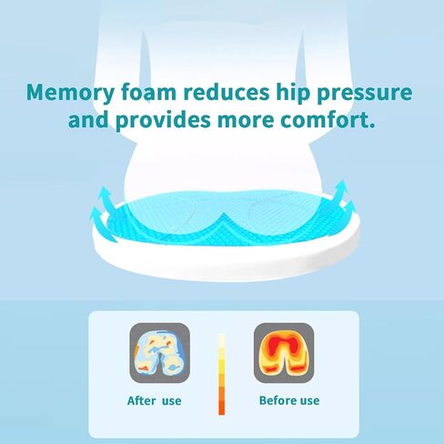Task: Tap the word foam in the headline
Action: [149, 91]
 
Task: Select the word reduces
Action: [227, 91]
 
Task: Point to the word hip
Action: [293, 93]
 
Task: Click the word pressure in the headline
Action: [365, 94]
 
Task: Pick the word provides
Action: [163, 120]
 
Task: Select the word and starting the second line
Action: [88, 119]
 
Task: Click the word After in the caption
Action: [142, 400]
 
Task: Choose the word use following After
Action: [172, 401]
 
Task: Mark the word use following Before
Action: [309, 401]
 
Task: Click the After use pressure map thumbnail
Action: [160, 353]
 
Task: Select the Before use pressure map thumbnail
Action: [284, 353]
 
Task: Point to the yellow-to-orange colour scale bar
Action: [222, 374]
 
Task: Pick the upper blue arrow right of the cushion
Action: [339, 193]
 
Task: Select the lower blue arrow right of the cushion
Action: [348, 210]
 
